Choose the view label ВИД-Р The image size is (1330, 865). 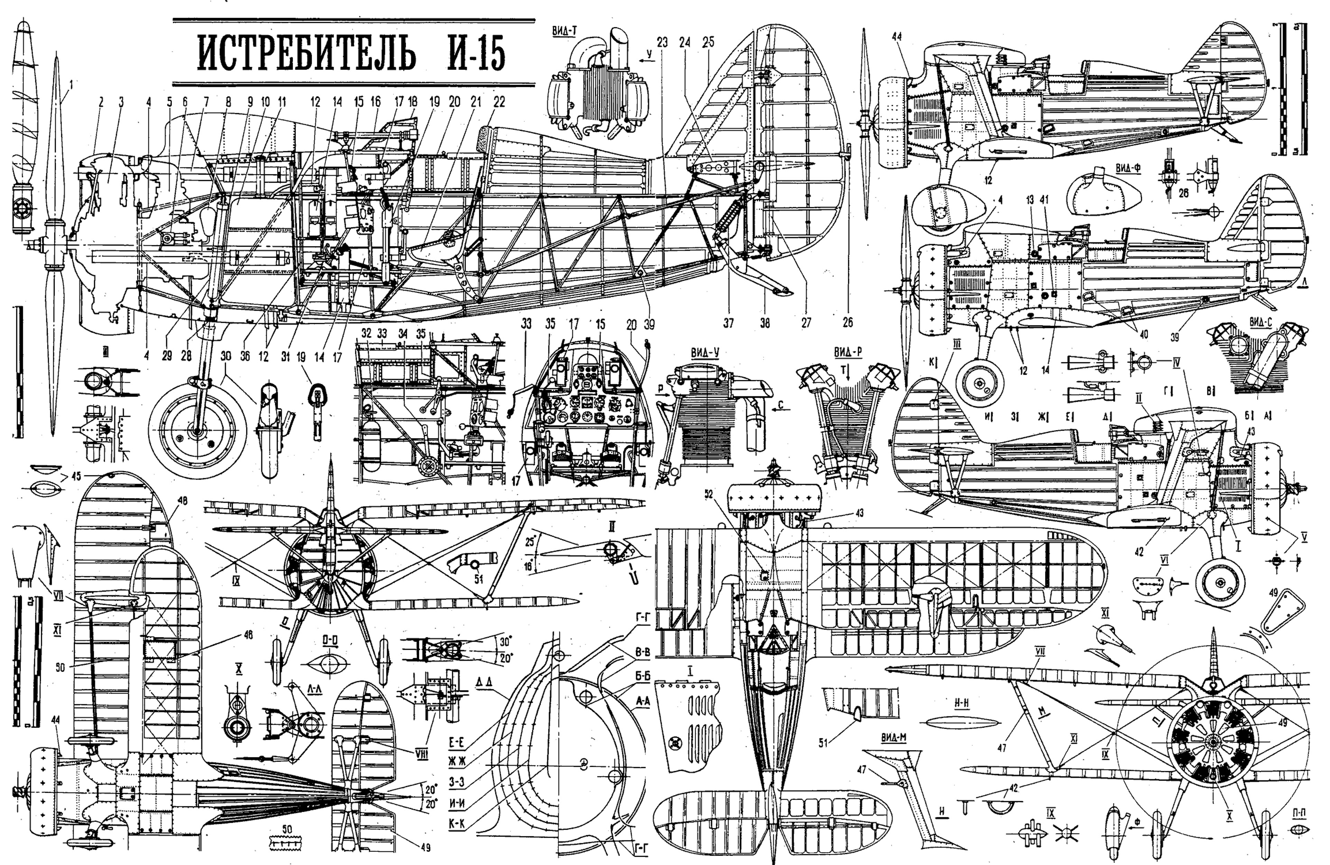point(848,352)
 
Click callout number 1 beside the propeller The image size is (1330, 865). point(71,85)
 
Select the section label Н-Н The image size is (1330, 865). point(961,703)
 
